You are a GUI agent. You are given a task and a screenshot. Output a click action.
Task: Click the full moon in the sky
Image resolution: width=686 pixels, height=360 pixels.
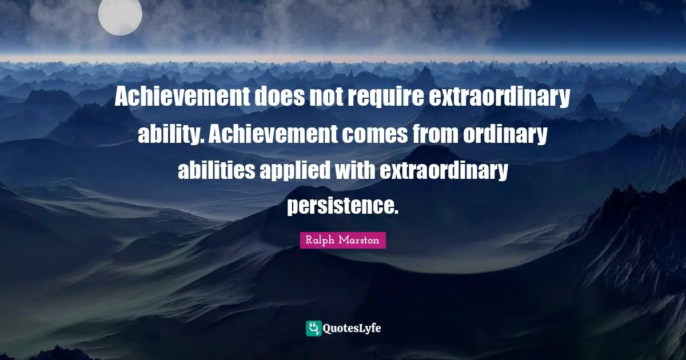(x=119, y=15)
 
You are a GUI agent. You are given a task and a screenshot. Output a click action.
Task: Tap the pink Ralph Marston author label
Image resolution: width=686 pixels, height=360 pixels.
(x=342, y=241)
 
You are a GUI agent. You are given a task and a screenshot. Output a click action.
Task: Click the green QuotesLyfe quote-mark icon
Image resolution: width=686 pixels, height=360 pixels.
(x=313, y=328)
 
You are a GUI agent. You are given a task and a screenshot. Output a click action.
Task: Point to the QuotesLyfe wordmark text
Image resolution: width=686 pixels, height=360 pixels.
(x=352, y=329)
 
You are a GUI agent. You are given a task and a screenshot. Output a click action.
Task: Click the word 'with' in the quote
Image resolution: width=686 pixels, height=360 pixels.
(x=357, y=170)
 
